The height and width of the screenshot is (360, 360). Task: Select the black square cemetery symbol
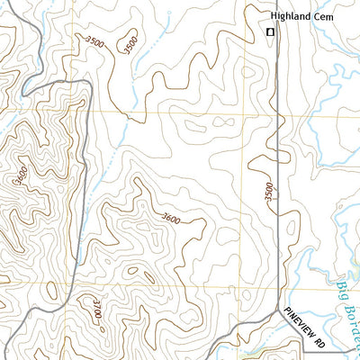[x=269, y=33]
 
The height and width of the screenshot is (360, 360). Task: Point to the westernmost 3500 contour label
[x=93, y=40]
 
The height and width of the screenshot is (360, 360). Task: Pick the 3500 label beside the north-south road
[x=268, y=192]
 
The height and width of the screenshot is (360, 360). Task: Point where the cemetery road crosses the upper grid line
[x=275, y=115]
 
